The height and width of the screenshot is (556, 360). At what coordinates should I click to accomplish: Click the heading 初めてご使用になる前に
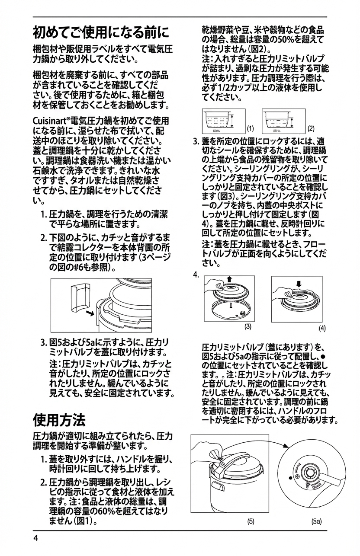point(101,32)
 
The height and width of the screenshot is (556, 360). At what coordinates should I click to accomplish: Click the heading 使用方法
point(59,419)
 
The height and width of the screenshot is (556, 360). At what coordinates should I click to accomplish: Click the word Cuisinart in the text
point(48,121)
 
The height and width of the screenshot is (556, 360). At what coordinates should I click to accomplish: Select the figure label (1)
point(250,128)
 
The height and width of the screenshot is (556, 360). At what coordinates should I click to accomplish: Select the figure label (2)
point(311,128)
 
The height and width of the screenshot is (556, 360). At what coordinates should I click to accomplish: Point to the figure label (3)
point(248,326)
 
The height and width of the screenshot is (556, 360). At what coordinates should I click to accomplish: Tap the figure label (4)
point(322,328)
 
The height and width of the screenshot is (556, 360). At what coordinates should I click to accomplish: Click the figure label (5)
point(251,521)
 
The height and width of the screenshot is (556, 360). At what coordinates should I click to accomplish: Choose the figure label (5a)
point(316,521)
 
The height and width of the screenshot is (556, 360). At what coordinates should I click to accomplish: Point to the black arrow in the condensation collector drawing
point(90,312)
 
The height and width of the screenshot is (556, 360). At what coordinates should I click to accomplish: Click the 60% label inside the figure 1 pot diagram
point(217,130)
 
